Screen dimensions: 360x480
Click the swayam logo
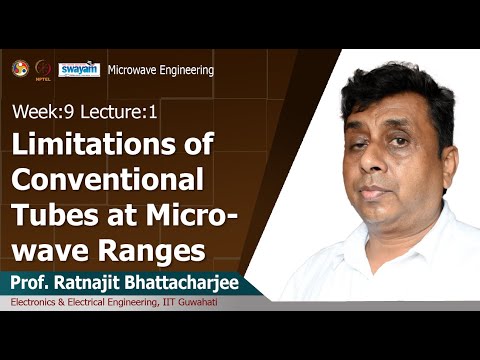point(79,69)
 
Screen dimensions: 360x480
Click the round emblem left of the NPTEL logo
point(19,68)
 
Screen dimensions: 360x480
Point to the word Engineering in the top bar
point(188,70)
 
